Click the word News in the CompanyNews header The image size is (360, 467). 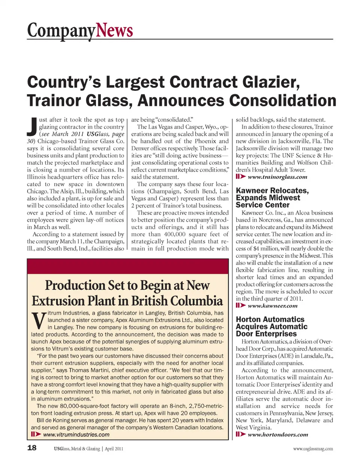[114, 30]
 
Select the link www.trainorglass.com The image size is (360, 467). [277, 177]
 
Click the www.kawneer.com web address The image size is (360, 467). [272, 306]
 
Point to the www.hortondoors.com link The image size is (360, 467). [277, 435]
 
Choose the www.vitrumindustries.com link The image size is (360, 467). [76, 435]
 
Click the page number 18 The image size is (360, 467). [32, 448]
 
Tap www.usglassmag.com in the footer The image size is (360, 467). [313, 449]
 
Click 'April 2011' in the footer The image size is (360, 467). [114, 449]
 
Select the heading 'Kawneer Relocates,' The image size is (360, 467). [272, 191]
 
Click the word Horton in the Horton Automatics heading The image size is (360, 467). [248, 320]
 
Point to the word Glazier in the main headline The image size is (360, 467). [268, 83]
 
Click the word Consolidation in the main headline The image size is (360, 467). [283, 101]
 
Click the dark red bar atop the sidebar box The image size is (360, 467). [127, 266]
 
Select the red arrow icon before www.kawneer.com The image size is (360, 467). [241, 306]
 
